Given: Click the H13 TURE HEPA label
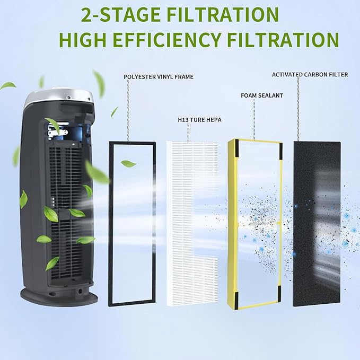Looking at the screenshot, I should (x=199, y=120).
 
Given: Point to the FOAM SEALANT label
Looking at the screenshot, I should (x=262, y=95).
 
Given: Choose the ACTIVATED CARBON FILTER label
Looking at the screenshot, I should (x=310, y=75).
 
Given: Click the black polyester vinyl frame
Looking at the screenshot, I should (x=110, y=223).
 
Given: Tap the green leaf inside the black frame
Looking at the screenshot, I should (x=128, y=164).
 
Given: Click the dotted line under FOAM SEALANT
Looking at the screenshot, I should (x=254, y=119).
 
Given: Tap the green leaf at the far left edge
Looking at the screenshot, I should (x=8, y=85).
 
